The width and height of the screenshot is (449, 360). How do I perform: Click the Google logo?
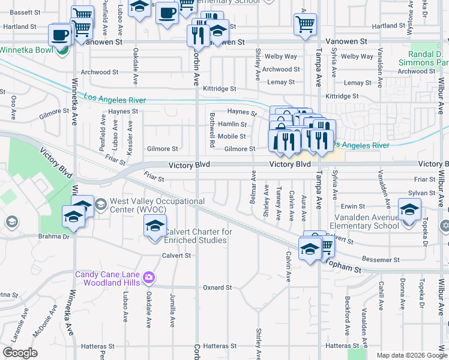click(x=20, y=353)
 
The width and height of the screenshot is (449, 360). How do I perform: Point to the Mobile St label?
click(x=232, y=136)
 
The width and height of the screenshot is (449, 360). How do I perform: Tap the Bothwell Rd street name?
click(x=212, y=130)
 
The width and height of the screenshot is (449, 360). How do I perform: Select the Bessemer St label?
click(x=381, y=260)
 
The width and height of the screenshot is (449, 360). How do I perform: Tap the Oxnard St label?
click(x=217, y=288)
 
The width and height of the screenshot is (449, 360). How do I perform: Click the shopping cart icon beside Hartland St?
click(x=305, y=25)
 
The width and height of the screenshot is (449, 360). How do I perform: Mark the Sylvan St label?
click(x=422, y=193)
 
